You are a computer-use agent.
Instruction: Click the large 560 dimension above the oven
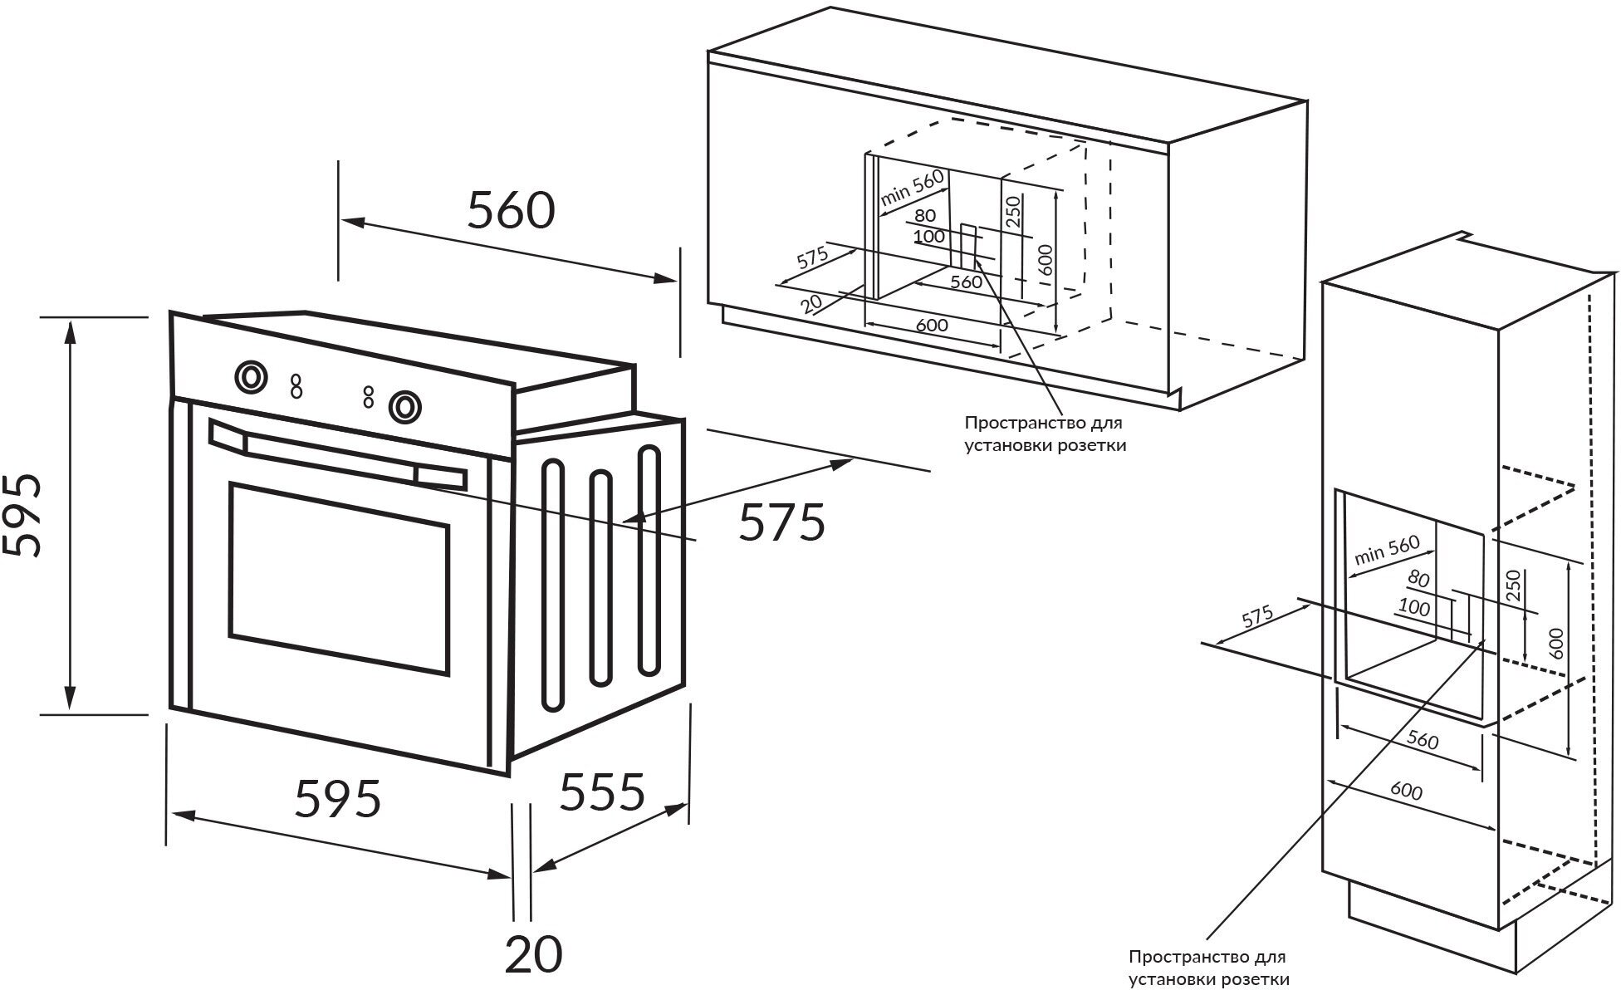point(511,210)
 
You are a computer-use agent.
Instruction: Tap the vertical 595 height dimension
point(22,515)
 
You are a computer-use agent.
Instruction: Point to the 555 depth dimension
point(602,792)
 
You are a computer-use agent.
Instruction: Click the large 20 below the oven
point(533,954)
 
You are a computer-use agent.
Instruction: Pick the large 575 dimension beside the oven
point(782,522)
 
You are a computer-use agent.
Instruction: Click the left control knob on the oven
point(250,376)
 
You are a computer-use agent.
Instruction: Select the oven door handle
point(336,455)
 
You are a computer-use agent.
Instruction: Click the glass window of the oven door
point(339,579)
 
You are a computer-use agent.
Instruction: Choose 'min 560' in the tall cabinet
point(1387,550)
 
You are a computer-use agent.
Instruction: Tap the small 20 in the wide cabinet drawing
point(812,303)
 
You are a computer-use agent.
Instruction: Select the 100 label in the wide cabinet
point(928,236)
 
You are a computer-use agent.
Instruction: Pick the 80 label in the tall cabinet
point(1419,579)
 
